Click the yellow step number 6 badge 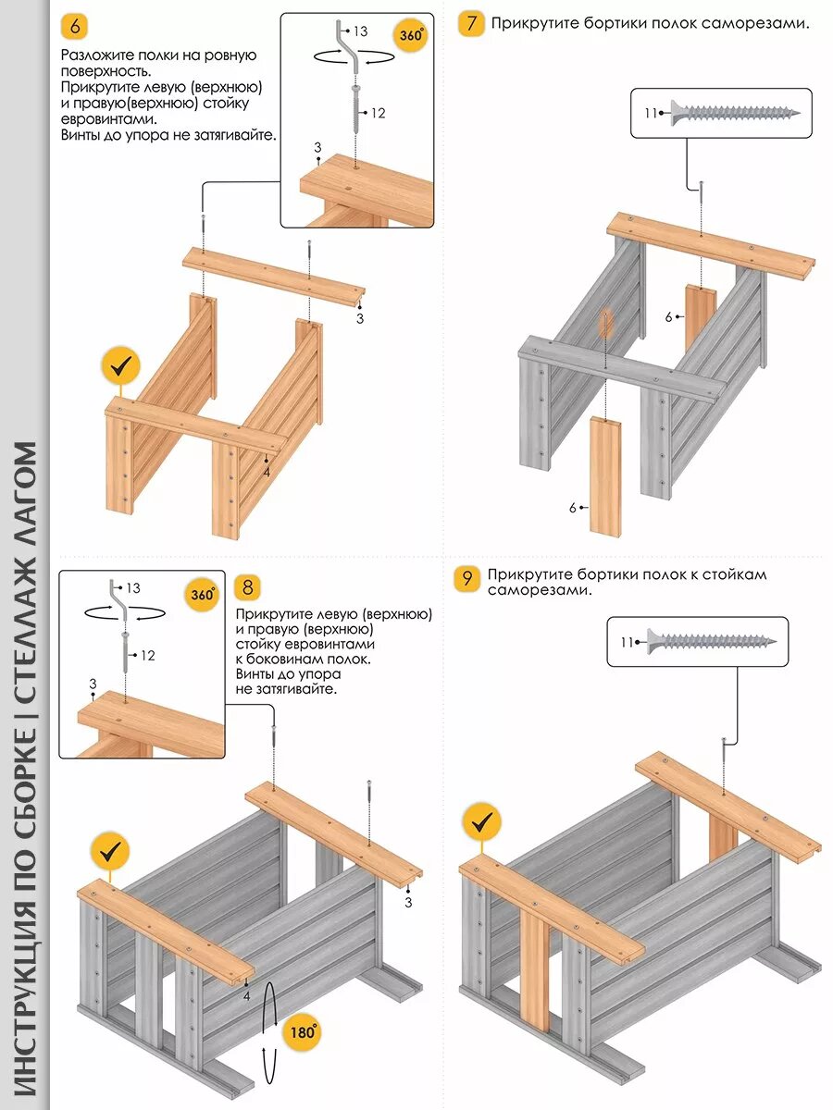pos(75,27)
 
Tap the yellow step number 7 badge pos(471,23)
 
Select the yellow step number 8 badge pos(248,586)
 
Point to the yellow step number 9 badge pos(467,580)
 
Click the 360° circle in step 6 pos(411,36)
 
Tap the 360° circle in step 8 pos(203,594)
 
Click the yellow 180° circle pos(301,1031)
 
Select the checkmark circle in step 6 pos(120,367)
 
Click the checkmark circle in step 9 pos(481,821)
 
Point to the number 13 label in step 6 pos(360,31)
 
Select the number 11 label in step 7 pos(650,113)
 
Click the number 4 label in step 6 pos(266,472)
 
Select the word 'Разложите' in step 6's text pos(94,56)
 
